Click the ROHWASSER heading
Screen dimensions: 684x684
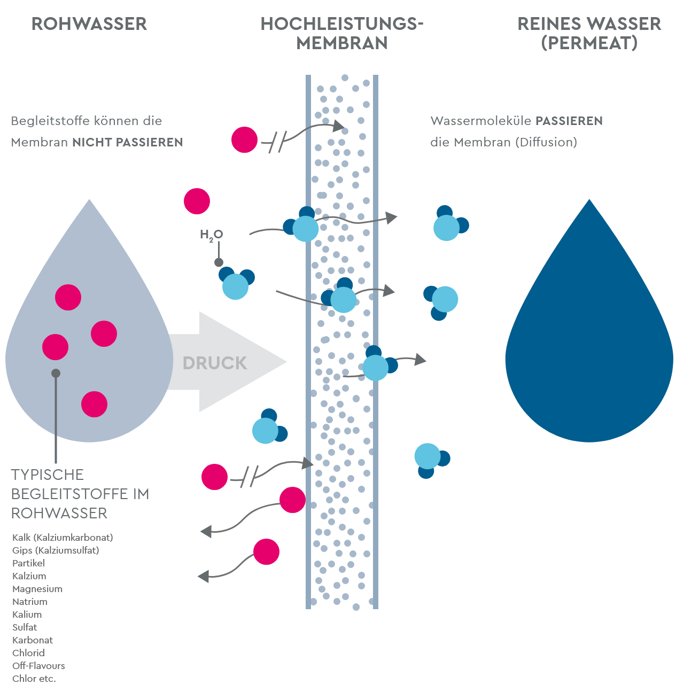click(89, 24)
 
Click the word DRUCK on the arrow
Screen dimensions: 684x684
click(215, 363)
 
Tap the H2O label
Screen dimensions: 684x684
click(211, 235)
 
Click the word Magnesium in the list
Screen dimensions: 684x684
click(37, 589)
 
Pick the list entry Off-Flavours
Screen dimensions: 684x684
click(38, 666)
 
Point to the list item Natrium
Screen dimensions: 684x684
click(30, 602)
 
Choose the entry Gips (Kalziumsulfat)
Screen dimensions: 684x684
click(56, 550)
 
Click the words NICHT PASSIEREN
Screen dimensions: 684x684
click(128, 143)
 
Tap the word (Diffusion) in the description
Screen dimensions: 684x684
click(546, 143)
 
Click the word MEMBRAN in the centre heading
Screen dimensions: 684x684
click(342, 43)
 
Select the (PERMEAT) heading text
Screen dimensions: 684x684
click(589, 43)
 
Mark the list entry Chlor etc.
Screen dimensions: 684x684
click(34, 679)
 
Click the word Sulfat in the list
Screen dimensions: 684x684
click(25, 627)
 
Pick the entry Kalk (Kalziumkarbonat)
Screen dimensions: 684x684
click(63, 538)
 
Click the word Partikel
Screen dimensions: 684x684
click(28, 563)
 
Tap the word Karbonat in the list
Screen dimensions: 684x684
click(33, 640)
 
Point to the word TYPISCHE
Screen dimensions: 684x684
click(48, 475)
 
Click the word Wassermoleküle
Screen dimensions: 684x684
click(481, 121)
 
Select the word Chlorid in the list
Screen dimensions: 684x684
click(28, 653)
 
